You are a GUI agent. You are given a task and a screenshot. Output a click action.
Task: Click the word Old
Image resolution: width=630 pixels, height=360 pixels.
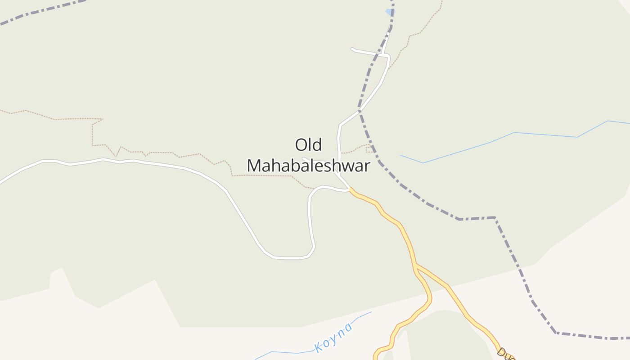point(308,145)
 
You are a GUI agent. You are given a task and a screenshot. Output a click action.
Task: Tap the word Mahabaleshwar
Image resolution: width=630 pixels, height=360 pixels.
point(308,166)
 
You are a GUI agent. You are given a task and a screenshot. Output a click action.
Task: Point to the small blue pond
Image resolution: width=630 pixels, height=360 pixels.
point(390,12)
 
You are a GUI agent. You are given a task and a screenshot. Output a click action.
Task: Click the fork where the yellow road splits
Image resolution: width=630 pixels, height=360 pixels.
point(416,265)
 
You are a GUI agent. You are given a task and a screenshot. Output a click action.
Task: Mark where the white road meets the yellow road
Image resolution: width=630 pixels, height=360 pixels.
point(350,189)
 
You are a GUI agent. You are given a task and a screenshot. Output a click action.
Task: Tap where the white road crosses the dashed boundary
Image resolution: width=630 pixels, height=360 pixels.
point(360,110)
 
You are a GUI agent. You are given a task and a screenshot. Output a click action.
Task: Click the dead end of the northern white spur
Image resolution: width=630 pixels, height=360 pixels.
point(352,49)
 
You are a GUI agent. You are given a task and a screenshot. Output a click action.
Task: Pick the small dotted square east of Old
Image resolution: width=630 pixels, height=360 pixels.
point(369,148)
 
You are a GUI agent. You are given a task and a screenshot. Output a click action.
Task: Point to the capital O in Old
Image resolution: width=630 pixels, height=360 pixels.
point(301,145)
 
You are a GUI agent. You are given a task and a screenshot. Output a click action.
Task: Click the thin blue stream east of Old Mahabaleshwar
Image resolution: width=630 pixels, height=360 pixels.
point(495,141)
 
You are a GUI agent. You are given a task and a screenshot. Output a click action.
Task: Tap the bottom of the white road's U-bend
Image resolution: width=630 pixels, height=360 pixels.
point(288,258)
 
